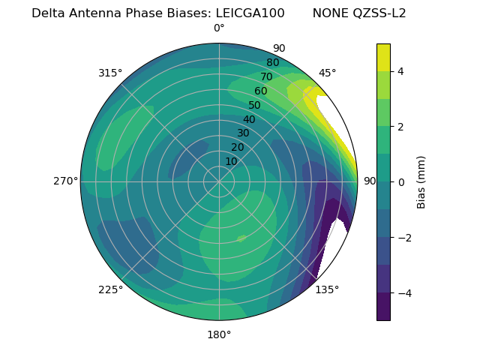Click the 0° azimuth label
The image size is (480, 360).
[x=219, y=28]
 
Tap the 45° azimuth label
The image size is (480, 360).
[x=327, y=73]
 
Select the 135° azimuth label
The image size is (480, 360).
[x=327, y=289]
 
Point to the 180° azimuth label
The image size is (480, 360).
[x=219, y=334]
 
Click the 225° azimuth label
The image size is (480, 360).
[x=110, y=289]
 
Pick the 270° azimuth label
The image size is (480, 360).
[x=65, y=181]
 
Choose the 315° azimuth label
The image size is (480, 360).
[x=110, y=73]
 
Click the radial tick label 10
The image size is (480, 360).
[x=231, y=161]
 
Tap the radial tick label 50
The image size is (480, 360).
[x=254, y=106]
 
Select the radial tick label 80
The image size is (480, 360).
[x=272, y=63]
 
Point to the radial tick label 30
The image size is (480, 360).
[x=243, y=133]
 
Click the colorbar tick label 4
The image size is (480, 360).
[x=401, y=71]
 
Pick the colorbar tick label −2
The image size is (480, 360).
[x=404, y=238]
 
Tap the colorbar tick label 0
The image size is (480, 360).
[x=401, y=182]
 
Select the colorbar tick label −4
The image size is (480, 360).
[x=404, y=293]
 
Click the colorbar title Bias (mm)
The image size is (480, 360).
[x=421, y=182]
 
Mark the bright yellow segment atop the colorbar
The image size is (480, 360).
[x=383, y=58]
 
